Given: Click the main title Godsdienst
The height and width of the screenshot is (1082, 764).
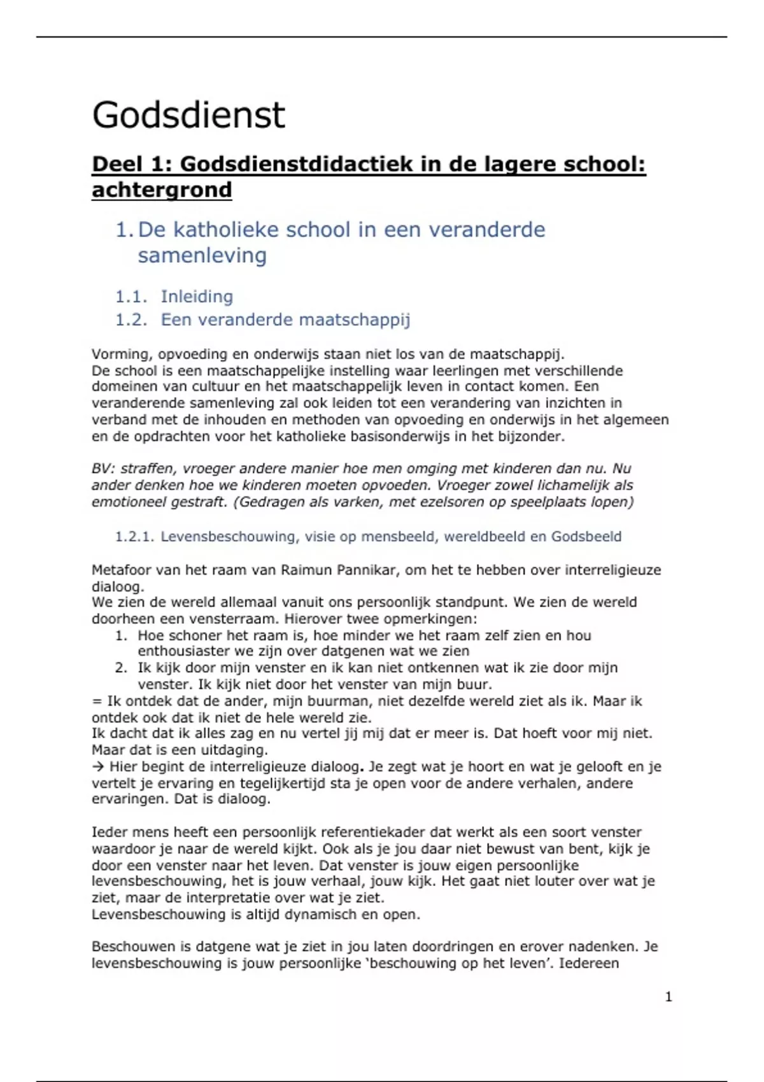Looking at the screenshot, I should [x=188, y=115].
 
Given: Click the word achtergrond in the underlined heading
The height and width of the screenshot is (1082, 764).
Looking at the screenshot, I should [x=162, y=190].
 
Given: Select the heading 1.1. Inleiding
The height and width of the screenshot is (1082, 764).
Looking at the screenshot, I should [x=174, y=297].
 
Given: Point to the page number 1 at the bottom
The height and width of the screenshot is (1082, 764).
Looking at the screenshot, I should [x=668, y=997].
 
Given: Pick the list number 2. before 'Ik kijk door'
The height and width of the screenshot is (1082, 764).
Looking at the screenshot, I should [x=121, y=668].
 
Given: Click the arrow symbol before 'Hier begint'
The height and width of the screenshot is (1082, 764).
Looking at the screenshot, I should [x=98, y=767].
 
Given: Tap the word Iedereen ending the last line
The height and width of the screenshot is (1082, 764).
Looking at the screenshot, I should [x=589, y=963].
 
